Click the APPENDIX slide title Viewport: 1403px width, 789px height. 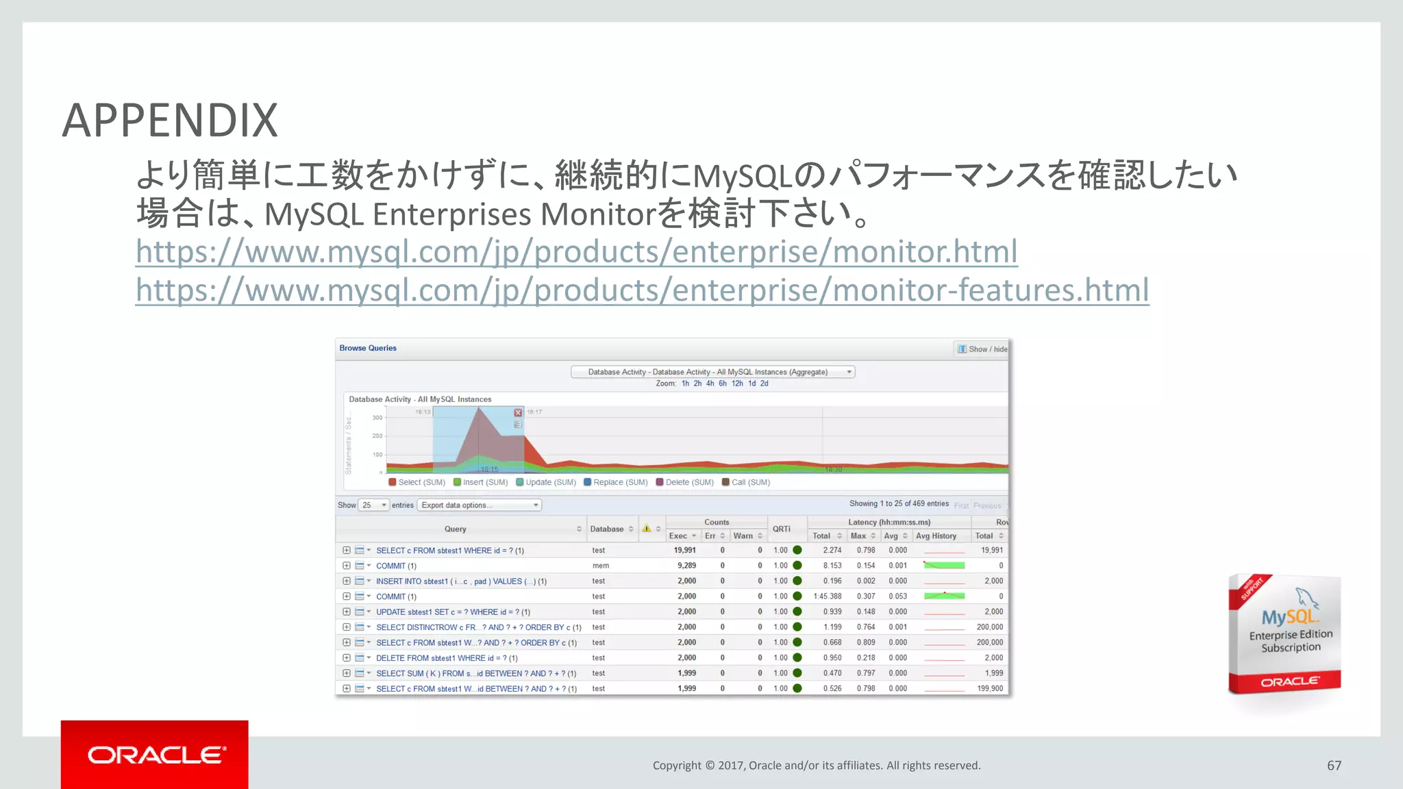[170, 121]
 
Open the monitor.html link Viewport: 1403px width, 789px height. [576, 251]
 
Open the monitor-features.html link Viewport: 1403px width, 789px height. [642, 290]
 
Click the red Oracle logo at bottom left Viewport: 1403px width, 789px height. [155, 755]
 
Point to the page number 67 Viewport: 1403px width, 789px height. [1334, 766]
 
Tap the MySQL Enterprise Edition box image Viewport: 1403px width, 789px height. [1284, 634]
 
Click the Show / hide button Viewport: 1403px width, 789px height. [982, 349]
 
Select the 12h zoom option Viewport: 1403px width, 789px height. [737, 384]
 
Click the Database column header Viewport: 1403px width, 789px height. [607, 529]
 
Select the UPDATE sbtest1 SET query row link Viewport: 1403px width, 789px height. [453, 612]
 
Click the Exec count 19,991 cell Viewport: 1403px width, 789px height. [684, 550]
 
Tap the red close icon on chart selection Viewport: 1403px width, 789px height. [518, 412]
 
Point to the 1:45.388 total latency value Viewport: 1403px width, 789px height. [828, 597]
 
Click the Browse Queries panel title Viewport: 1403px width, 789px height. [368, 348]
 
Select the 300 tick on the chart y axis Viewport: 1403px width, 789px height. [377, 418]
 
